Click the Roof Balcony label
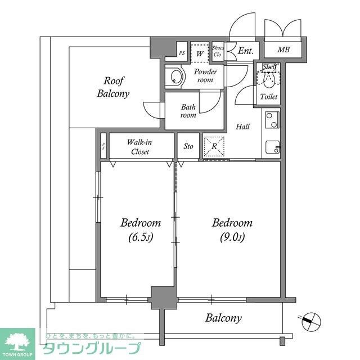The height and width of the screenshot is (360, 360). point(113,87)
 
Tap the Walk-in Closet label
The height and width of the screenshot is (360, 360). point(139,147)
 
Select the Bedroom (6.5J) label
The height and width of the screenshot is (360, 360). point(141,229)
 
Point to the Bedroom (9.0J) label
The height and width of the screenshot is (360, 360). point(232,229)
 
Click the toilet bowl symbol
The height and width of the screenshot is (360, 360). point(269,79)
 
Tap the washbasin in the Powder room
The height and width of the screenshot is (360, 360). point(175,78)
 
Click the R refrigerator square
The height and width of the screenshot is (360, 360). point(214,146)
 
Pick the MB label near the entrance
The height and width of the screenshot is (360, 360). point(284,50)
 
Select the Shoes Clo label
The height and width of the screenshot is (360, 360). point(218,51)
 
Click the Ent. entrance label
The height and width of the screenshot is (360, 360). point(245,51)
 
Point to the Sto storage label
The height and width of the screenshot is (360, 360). point(188,146)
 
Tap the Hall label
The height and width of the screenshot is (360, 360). point(242,127)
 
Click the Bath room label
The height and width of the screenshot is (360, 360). point(188,111)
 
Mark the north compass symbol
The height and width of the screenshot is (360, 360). point(309,322)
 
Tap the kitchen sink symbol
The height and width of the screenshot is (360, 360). point(273,147)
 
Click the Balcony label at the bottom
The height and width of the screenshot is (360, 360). point(223,318)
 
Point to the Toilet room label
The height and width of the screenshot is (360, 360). point(268,97)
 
